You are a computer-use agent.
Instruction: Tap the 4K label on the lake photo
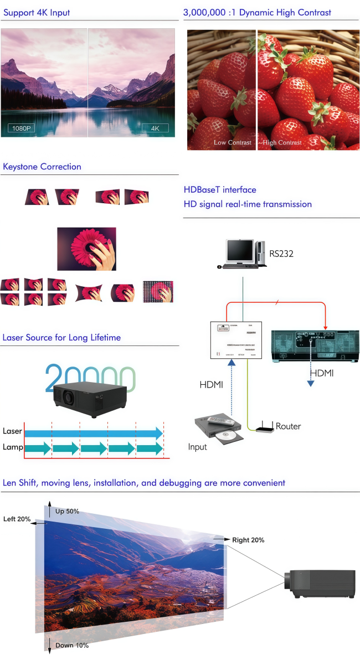point(155,128)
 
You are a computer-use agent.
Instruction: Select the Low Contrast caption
point(233,143)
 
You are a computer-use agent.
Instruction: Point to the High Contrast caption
point(282,143)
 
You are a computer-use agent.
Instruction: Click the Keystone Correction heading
point(42,167)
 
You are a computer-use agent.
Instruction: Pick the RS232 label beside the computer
point(282,254)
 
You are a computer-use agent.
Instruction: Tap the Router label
point(288,426)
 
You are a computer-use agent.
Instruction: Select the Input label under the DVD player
point(198,446)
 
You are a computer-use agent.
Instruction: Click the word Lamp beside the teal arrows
point(12,447)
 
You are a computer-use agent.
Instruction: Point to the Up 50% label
point(67,511)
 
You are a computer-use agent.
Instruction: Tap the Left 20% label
point(17,519)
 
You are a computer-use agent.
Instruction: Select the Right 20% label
point(248,540)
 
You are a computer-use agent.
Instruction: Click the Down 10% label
point(72,646)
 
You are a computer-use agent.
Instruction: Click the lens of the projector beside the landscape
point(288,581)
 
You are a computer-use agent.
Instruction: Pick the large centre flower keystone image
point(86,249)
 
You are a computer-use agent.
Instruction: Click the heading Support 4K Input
point(37,12)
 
